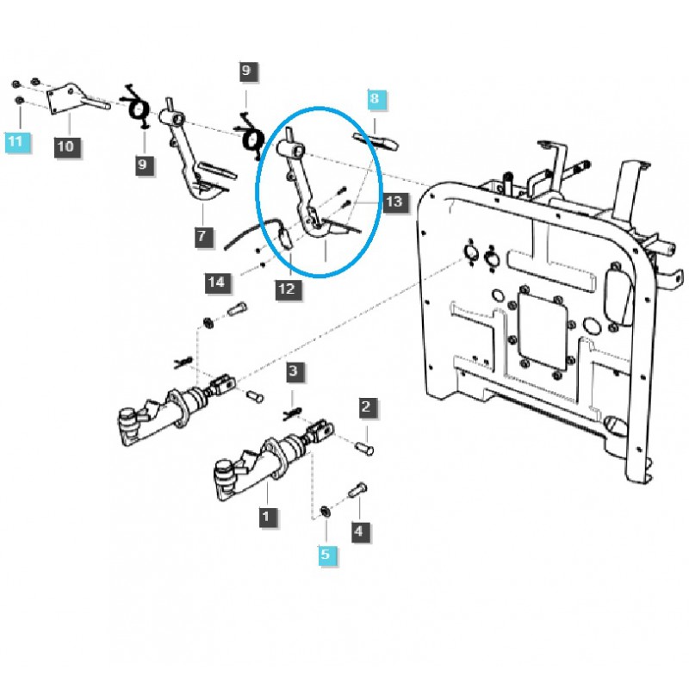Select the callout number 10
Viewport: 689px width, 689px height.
[65, 146]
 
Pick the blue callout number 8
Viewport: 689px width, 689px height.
[374, 101]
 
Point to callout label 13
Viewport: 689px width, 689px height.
[393, 202]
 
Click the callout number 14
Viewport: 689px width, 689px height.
[218, 282]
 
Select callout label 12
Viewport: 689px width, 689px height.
[287, 289]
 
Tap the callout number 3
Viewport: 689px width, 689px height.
[294, 373]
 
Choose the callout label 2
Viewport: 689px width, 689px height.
[366, 407]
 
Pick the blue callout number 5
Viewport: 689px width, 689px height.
[326, 555]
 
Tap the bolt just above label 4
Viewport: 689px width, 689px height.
[357, 494]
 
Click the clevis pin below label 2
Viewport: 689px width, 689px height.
[365, 447]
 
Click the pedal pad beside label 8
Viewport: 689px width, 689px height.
[376, 140]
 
